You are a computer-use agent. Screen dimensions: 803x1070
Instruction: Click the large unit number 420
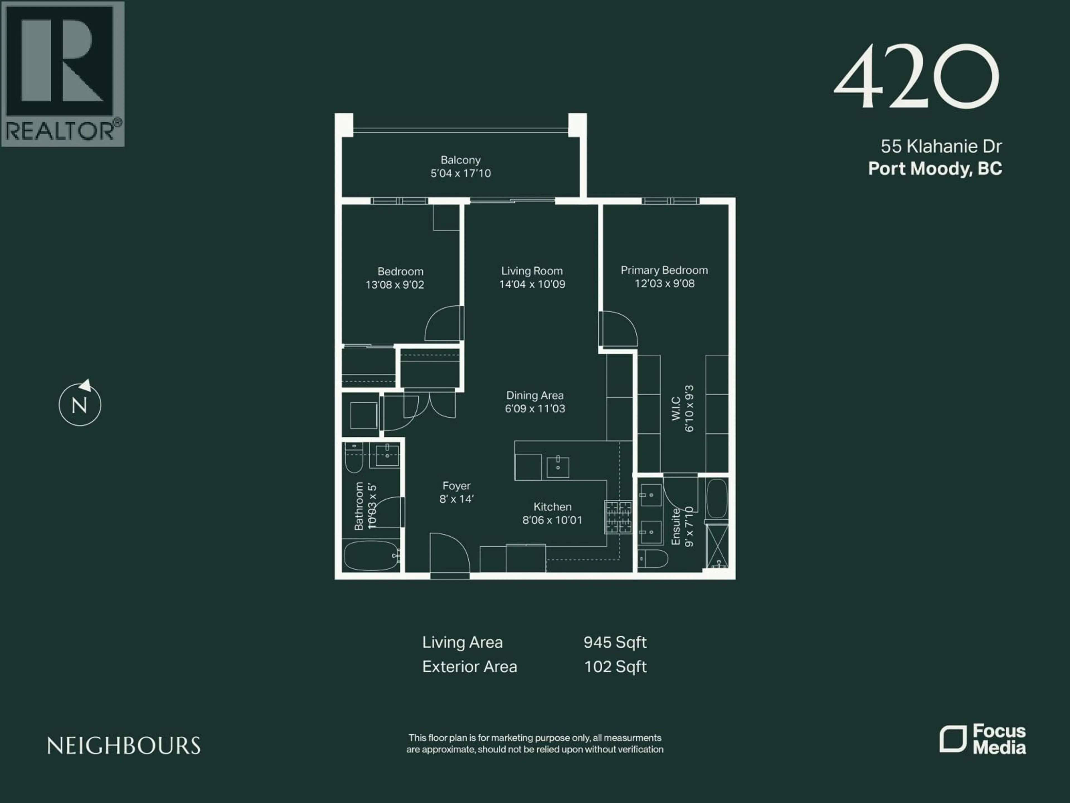tap(916, 76)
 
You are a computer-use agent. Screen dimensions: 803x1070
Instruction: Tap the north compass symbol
tap(80, 404)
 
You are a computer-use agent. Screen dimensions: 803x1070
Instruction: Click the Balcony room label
tap(461, 160)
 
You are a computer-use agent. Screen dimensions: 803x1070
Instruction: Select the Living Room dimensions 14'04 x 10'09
tap(532, 284)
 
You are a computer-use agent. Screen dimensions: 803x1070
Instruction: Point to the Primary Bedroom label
tap(664, 270)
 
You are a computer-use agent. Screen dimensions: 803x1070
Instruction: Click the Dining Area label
tap(534, 395)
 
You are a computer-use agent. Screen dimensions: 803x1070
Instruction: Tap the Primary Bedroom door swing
tap(618, 329)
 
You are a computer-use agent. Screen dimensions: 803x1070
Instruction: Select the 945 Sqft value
tap(615, 642)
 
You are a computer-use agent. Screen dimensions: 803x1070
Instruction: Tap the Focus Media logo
tap(983, 739)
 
